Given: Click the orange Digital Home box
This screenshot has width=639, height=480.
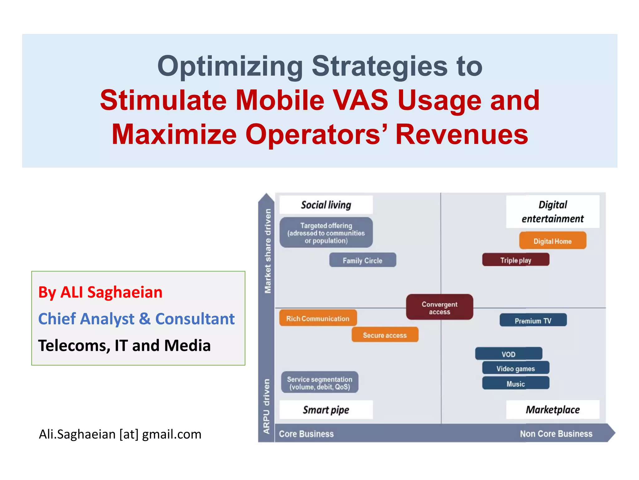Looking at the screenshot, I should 553,241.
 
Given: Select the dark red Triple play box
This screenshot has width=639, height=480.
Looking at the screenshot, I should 515,260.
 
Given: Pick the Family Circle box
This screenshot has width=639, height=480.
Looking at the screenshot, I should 363,260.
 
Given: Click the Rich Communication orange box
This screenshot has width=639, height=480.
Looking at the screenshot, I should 318,318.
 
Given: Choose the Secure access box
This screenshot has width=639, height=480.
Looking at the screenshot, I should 385,335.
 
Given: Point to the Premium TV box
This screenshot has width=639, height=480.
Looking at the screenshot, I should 533,320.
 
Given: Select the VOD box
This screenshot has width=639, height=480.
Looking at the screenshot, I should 509,354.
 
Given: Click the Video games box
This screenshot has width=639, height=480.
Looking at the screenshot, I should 515,368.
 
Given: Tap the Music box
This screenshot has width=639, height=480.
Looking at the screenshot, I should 515,383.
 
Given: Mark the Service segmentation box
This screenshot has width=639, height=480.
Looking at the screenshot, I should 319,382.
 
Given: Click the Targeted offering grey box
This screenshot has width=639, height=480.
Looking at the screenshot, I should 326,233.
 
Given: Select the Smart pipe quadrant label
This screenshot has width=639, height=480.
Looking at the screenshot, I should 326,409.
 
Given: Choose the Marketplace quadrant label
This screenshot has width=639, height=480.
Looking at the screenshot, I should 553,409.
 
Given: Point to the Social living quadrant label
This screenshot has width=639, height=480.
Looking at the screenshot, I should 326,205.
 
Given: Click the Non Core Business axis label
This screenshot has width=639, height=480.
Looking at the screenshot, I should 556,433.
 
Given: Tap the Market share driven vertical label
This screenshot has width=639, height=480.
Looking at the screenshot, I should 267,251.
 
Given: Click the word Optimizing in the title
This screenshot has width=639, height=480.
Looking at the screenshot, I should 230,66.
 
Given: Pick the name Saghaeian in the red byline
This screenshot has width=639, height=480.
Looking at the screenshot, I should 125,292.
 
